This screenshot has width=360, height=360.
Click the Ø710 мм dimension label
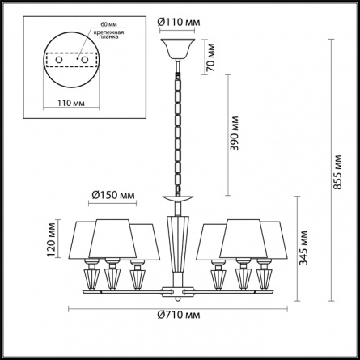(x=179, y=315)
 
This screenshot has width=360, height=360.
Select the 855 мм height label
(x=337, y=172)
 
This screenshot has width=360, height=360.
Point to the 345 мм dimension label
(x=303, y=248)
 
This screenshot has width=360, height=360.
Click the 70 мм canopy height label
(x=210, y=57)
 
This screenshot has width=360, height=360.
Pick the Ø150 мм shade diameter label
(x=113, y=195)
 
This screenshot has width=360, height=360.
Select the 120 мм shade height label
(x=51, y=240)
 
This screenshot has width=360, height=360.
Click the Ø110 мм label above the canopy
(x=179, y=22)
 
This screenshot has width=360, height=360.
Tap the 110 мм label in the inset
(x=71, y=103)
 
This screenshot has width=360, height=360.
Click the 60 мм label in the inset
(x=108, y=24)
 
